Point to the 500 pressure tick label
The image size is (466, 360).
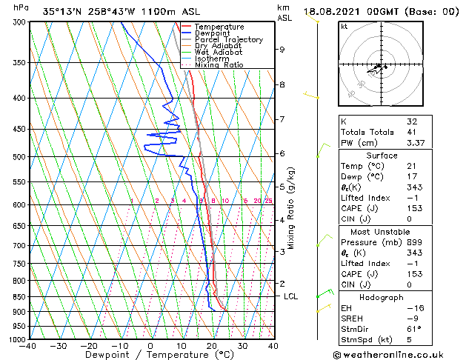pos(18,157)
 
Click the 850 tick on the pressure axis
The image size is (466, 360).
pos(18,296)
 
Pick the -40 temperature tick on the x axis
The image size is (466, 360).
pos(28,346)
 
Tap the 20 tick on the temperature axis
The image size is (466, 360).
pos(212,346)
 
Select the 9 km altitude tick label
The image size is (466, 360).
pos(282,50)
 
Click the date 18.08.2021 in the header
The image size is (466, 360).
pos(334,11)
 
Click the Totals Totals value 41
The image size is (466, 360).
pos(411,132)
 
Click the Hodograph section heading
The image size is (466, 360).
pos(382,297)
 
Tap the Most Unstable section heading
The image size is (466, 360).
pos(382,231)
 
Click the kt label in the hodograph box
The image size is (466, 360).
pos(344,26)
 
